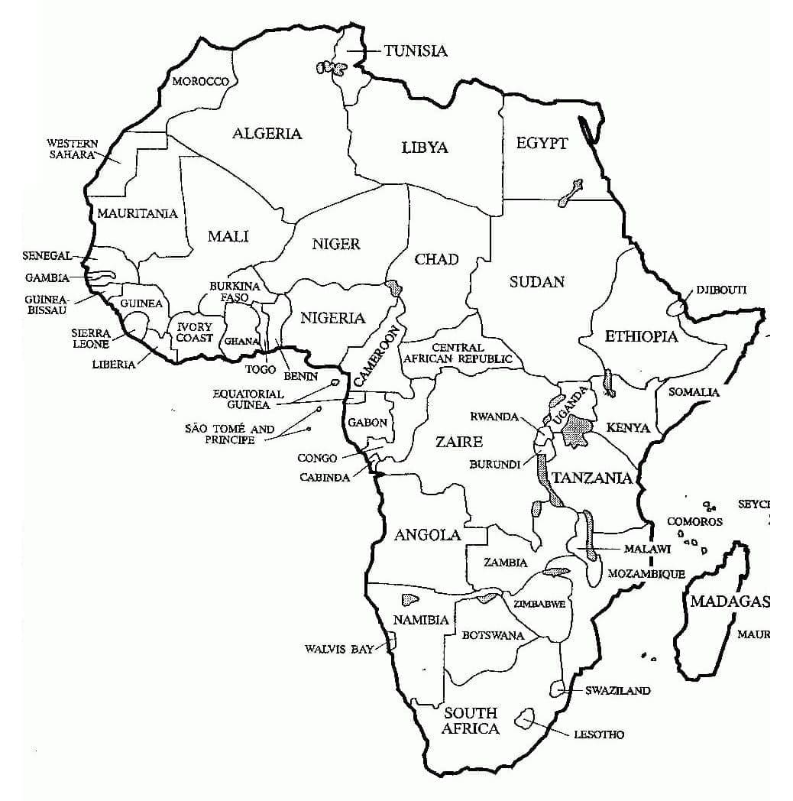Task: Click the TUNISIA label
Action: [416, 51]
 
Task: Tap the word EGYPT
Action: [542, 144]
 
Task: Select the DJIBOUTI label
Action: [720, 290]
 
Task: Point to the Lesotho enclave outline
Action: [526, 718]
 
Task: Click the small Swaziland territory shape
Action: [556, 689]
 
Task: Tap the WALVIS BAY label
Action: [339, 649]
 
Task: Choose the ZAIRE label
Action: [458, 442]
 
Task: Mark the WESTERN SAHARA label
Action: [73, 148]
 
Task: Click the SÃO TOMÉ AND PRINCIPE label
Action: [229, 435]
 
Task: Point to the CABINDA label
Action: [325, 477]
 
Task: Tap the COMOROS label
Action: [694, 522]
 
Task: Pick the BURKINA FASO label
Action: [235, 291]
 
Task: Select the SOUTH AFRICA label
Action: [471, 720]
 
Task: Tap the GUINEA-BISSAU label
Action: [47, 304]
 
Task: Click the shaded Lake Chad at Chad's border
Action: [394, 287]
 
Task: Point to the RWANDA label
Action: [494, 417]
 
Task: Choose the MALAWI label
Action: [647, 549]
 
